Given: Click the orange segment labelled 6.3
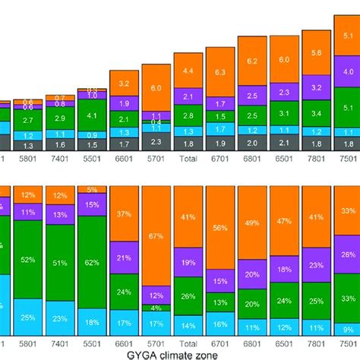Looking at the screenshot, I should click(220, 71).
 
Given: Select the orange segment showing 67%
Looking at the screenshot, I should click(156, 236).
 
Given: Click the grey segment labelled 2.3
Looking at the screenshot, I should click(156, 141).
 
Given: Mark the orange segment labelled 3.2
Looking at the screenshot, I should click(124, 83).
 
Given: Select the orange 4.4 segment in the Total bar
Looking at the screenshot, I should click(188, 70).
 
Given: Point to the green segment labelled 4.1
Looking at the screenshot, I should click(91, 115).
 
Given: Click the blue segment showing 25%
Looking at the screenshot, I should click(27, 317).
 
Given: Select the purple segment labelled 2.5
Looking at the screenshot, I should click(252, 96).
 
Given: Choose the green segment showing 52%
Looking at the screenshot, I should click(27, 260).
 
